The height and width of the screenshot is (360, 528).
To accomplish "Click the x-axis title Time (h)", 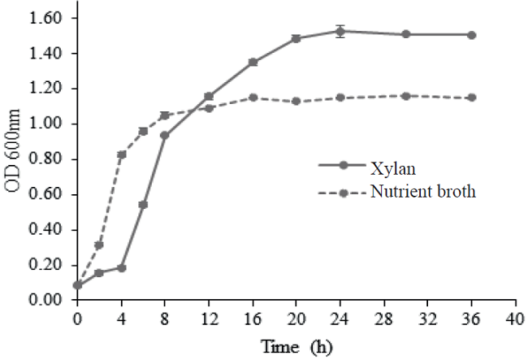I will click(296, 346).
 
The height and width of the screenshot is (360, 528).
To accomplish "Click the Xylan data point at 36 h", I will click(471, 35).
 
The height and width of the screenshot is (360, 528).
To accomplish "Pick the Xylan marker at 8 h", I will click(165, 135).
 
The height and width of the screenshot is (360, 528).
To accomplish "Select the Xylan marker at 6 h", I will click(143, 204).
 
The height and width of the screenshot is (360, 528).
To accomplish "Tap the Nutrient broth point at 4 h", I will click(122, 154).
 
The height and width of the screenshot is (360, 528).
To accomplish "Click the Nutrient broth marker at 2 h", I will click(99, 245).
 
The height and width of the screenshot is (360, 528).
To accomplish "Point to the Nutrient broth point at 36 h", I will click(471, 98).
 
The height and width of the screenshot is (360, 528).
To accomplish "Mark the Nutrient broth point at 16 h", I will click(253, 98).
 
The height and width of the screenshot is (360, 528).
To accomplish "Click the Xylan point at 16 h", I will click(253, 62).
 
